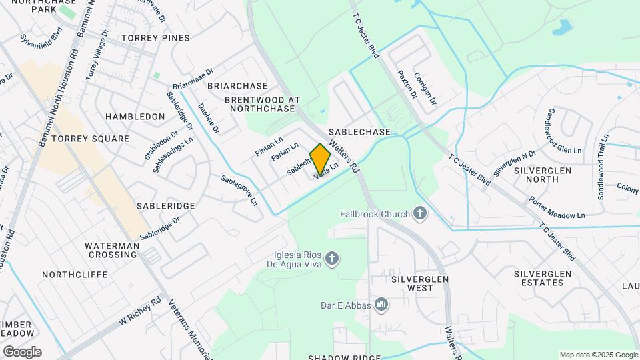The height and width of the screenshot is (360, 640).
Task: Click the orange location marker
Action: click(x=320, y=159)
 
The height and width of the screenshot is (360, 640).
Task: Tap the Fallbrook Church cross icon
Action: click(x=419, y=213)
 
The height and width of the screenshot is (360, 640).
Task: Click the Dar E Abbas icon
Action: click(x=381, y=305)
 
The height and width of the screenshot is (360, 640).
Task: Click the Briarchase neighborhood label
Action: click(x=237, y=86)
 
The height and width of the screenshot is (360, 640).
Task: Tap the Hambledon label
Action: click(x=135, y=117)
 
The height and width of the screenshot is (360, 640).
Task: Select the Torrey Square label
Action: click(x=91, y=139)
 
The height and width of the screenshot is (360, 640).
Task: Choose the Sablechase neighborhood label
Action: click(x=359, y=132)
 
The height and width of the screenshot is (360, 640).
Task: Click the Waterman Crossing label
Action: click(x=113, y=250)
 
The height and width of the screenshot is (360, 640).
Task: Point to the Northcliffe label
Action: click(x=75, y=275)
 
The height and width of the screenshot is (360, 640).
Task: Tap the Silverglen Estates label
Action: click(x=543, y=278)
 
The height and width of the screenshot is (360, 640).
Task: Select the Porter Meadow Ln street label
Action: click(x=557, y=208)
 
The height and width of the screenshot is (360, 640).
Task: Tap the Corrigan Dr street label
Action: click(x=425, y=89)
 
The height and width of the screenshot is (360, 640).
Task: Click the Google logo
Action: click(x=22, y=351)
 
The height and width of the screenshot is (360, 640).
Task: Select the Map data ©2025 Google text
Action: click(x=598, y=355)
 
